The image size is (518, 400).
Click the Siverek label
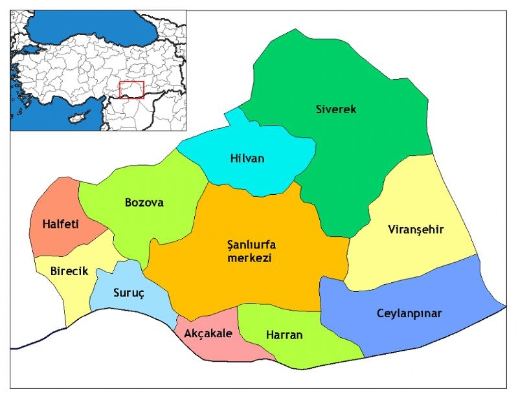pos(336,109)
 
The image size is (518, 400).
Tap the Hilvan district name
pos(247,159)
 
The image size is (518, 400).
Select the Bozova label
pos(144,203)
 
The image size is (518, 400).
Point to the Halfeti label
pos(60,224)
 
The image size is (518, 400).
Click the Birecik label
pos(69,271)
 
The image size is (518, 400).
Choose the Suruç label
pos(129,292)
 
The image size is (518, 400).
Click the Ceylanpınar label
pos(409,313)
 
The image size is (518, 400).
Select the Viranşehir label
pos(416,230)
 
